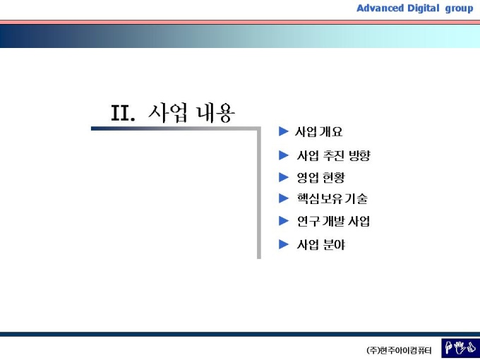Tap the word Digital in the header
(x=424, y=8)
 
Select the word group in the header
(x=460, y=9)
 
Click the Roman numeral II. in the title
(x=122, y=113)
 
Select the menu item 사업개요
(x=318, y=131)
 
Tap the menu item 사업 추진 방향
(x=333, y=155)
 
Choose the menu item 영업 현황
(x=320, y=177)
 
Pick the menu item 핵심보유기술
(x=332, y=198)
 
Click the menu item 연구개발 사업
(x=333, y=221)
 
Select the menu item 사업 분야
(x=320, y=245)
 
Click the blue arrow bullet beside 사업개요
(x=283, y=131)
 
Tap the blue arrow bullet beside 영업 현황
(x=283, y=177)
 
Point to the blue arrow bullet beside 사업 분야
(x=283, y=244)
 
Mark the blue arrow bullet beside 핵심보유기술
(x=283, y=198)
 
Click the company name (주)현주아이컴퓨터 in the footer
(x=399, y=350)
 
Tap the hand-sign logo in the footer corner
(x=460, y=349)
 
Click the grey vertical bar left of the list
(x=259, y=193)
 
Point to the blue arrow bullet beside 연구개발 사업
(x=283, y=221)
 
